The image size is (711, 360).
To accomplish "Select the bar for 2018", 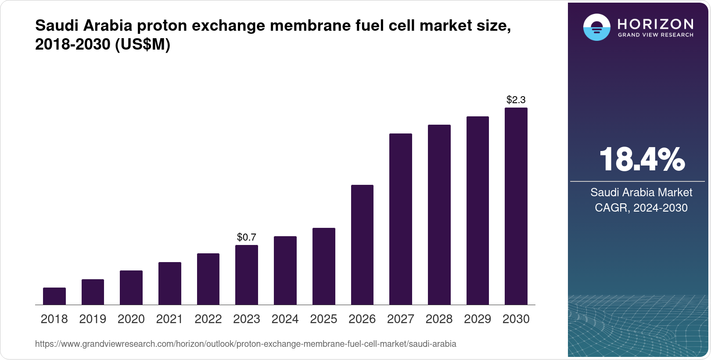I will pyautogui.click(x=54, y=296).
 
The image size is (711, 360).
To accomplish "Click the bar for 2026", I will pyautogui.click(x=362, y=245).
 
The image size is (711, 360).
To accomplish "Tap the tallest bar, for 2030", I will pyautogui.click(x=516, y=206).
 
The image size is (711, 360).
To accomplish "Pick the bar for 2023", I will pyautogui.click(x=247, y=275).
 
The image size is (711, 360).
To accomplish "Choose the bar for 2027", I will pyautogui.click(x=401, y=220).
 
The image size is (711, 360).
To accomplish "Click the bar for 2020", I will pyautogui.click(x=131, y=288).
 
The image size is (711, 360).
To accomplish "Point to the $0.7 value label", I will pyautogui.click(x=247, y=238).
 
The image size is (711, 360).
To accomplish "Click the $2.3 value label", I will pyautogui.click(x=516, y=100).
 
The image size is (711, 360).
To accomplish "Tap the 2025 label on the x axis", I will pyautogui.click(x=323, y=319).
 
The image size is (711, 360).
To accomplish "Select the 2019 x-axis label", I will pyautogui.click(x=93, y=319).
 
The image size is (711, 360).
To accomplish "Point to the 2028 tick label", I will pyautogui.click(x=439, y=319).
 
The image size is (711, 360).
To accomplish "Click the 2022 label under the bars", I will pyautogui.click(x=208, y=319).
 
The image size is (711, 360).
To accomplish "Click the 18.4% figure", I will pyautogui.click(x=642, y=160).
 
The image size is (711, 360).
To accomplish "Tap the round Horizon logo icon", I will pyautogui.click(x=596, y=27).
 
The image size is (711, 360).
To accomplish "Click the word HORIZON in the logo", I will pyautogui.click(x=655, y=24).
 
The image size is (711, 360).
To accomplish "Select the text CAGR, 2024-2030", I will pyautogui.click(x=641, y=208).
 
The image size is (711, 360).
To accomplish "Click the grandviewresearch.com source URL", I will pyautogui.click(x=245, y=344).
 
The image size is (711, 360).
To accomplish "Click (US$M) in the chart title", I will pyautogui.click(x=142, y=44).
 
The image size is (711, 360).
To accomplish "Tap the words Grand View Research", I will pyautogui.click(x=655, y=35).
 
